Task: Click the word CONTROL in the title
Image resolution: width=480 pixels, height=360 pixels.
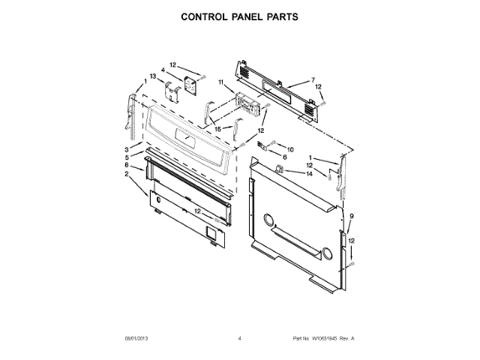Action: pos(205,16)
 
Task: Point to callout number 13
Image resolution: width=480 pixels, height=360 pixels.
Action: pos(152,76)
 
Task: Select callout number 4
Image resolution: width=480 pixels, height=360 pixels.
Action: pos(162,70)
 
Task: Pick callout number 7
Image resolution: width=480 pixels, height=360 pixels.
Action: pos(313,79)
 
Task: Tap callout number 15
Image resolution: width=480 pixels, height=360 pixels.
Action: pos(218,129)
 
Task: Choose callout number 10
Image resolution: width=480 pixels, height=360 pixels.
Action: pos(290,148)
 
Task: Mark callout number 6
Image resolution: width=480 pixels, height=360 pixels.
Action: pos(285,157)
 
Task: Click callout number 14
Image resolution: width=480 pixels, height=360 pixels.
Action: pos(309,174)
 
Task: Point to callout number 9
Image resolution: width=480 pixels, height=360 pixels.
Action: pos(349,217)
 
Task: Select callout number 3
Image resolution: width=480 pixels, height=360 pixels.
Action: pos(127,151)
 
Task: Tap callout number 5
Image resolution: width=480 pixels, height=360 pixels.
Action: pos(127,157)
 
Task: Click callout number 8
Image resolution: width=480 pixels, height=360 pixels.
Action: pos(127,165)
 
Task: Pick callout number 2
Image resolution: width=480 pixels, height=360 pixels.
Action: pos(127,174)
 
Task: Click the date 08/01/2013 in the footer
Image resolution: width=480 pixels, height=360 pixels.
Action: pos(136,339)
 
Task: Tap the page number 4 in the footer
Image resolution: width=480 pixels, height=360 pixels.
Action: pos(239,339)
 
